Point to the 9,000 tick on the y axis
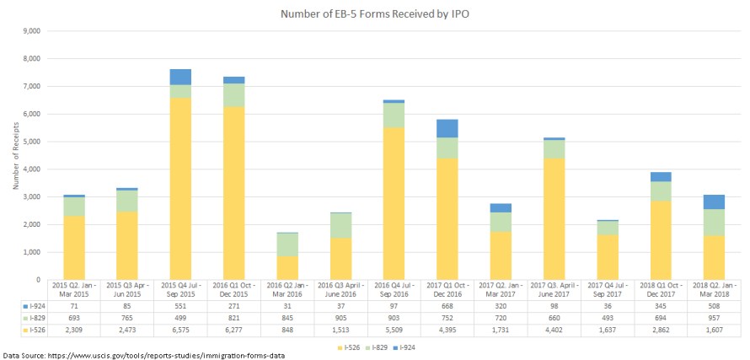(33, 31)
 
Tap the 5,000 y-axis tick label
(33, 142)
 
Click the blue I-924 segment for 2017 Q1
(447, 128)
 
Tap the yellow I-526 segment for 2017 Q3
(553, 218)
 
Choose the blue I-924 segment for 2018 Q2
(713, 201)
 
